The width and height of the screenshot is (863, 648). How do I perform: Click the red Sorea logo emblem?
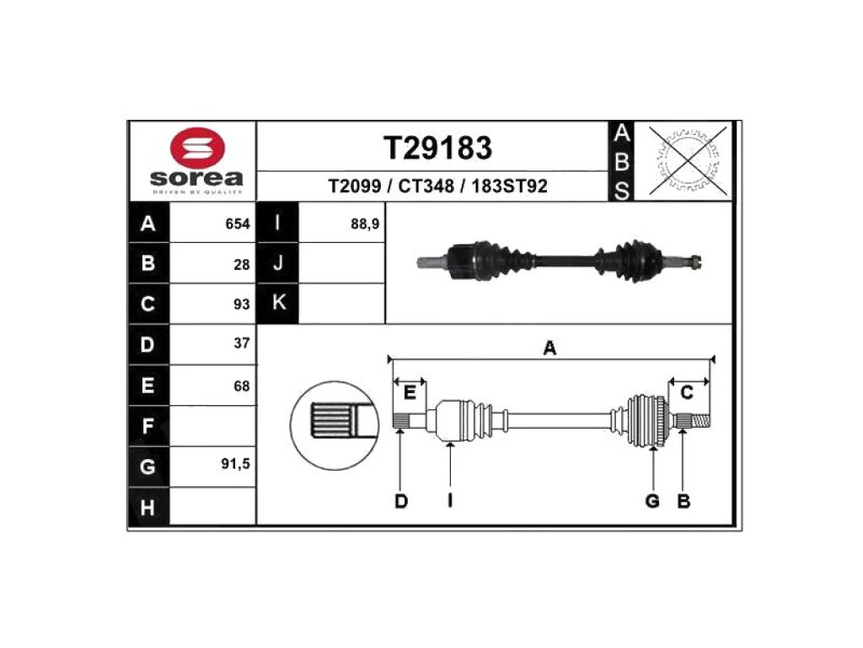(x=197, y=147)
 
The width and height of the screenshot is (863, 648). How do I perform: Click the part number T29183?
(x=437, y=148)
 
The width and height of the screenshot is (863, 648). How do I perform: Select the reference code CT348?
(x=426, y=186)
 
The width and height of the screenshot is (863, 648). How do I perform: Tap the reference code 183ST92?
(x=509, y=186)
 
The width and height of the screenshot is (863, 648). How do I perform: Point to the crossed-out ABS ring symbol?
(x=688, y=160)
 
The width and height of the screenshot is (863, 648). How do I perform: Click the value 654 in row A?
(x=238, y=224)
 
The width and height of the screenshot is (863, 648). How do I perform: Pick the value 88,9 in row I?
(x=365, y=224)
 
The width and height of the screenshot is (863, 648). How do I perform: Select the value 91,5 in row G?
(x=236, y=464)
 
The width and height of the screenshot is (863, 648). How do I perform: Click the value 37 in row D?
(x=242, y=343)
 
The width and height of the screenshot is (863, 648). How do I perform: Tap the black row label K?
(x=278, y=303)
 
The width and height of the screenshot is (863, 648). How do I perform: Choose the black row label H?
(x=148, y=507)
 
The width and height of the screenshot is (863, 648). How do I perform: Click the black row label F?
(x=148, y=426)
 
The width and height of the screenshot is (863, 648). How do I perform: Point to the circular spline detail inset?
(x=335, y=425)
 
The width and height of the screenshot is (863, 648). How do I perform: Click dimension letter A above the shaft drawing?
(x=549, y=348)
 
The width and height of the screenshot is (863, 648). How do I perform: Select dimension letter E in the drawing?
(x=410, y=393)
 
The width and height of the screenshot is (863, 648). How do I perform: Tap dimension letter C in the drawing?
(x=687, y=393)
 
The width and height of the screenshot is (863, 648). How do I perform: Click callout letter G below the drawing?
(x=652, y=501)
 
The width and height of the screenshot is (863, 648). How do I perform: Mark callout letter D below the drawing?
(x=401, y=501)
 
